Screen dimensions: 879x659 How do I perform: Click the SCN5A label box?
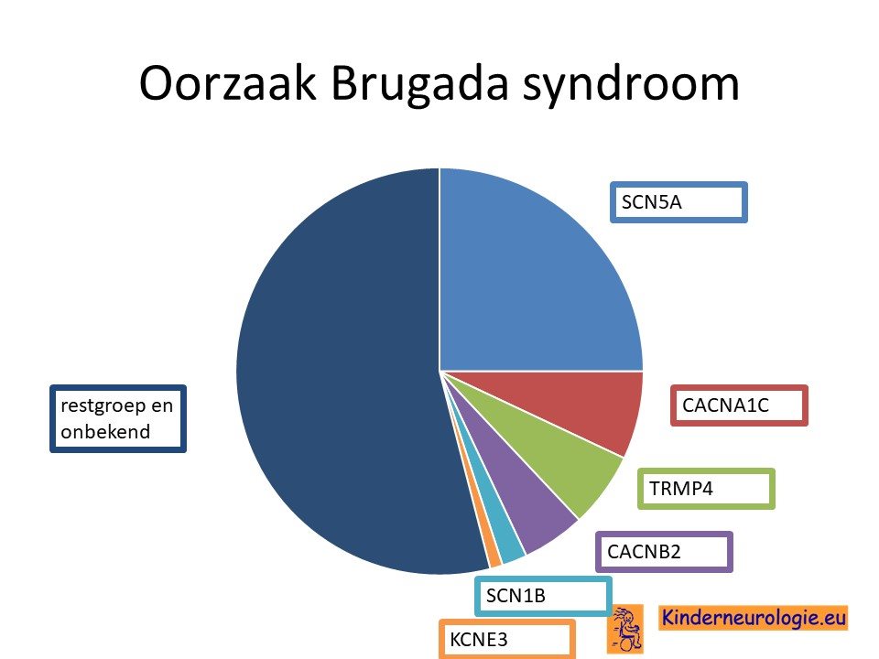click(678, 202)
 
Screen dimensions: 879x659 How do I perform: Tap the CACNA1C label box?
click(739, 405)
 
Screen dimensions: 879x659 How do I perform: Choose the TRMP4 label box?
click(706, 489)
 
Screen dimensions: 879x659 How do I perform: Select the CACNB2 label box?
click(664, 552)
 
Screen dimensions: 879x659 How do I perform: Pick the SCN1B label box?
click(543, 596)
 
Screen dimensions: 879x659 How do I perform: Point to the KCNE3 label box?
click(506, 639)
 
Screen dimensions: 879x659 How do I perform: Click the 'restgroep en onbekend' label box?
click(118, 418)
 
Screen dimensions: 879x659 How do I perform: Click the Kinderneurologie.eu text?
click(754, 618)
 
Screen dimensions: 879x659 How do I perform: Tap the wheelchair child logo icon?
click(625, 629)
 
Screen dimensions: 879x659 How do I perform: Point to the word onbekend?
click(105, 432)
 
